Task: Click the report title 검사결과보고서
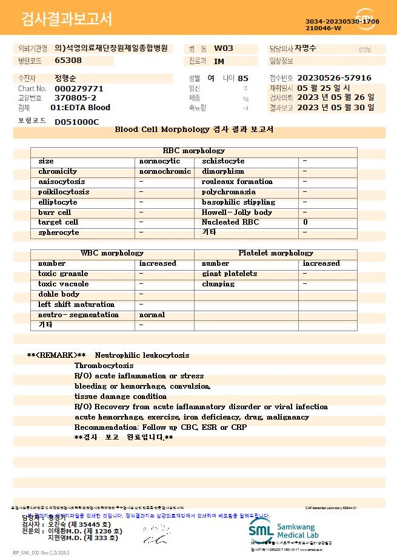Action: click(x=67, y=19)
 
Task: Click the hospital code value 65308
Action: click(x=68, y=61)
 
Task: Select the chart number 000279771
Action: click(x=79, y=88)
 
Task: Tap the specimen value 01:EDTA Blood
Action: click(x=80, y=108)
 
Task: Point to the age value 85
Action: click(x=243, y=78)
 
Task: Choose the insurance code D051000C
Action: click(x=76, y=122)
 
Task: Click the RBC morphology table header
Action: click(x=194, y=151)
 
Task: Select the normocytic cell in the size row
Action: click(x=159, y=161)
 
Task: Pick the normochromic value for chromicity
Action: click(x=165, y=171)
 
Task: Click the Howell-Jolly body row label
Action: click(x=237, y=212)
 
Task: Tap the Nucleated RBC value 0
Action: click(x=305, y=222)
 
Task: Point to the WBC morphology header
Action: click(x=112, y=253)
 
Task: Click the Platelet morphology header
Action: click(x=276, y=253)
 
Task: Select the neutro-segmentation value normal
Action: click(x=152, y=315)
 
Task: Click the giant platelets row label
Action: click(x=229, y=274)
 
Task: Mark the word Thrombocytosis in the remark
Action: click(x=104, y=366)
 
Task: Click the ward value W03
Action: click(x=224, y=48)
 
